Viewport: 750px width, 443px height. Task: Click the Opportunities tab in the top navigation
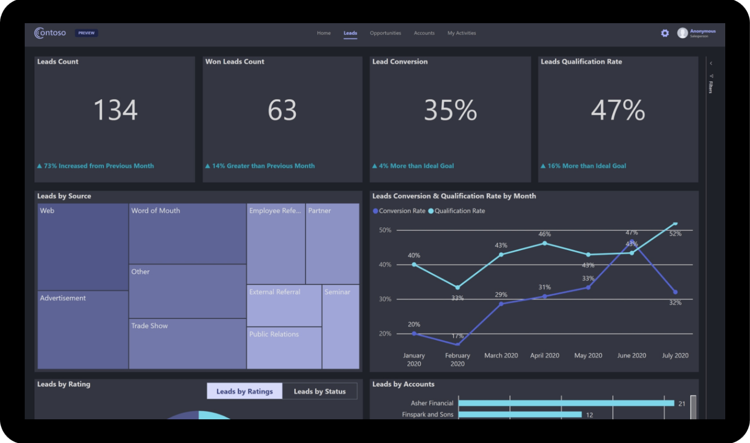385,33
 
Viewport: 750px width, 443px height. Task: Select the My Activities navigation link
462,33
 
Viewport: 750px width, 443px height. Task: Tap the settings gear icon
665,33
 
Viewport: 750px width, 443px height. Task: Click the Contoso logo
50,33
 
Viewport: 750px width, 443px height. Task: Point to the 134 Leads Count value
115,110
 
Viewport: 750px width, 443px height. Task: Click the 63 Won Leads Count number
282,110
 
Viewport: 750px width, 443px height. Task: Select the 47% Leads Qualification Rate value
617,110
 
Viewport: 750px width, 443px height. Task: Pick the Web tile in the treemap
83,247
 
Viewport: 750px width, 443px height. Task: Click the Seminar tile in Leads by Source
341,327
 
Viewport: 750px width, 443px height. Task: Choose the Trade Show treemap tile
188,344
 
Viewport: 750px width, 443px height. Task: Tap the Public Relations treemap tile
284,348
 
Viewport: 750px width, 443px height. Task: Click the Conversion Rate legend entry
399,211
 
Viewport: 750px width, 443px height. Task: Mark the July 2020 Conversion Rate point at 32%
675,292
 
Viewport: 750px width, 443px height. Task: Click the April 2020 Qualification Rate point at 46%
545,243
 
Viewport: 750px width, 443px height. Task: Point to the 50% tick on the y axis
385,231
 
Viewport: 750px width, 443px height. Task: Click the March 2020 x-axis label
501,356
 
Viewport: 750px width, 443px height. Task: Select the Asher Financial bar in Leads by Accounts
566,403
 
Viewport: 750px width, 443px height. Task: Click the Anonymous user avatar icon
683,33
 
